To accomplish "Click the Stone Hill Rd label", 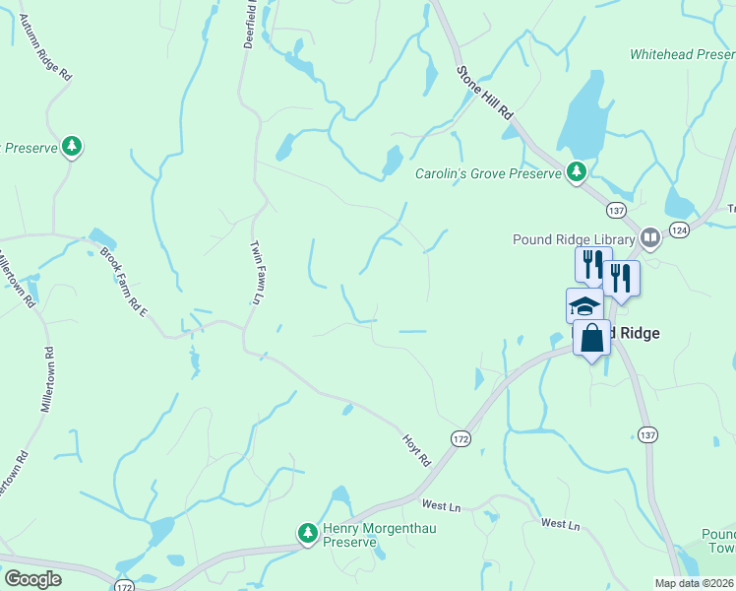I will (485, 94).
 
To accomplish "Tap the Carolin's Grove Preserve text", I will (487, 173).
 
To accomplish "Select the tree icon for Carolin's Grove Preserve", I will (576, 173).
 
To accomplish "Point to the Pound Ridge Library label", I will (574, 238).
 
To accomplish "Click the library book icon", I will (649, 237).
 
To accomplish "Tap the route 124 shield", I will (679, 230).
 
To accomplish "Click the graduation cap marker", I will (584, 305).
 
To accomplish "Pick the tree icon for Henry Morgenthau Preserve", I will (308, 533).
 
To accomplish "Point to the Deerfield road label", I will (252, 25).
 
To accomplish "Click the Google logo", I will (32, 579).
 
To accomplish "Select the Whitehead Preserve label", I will (682, 54).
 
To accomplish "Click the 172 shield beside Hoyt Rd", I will (460, 436).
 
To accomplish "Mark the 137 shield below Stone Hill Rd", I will (617, 211).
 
